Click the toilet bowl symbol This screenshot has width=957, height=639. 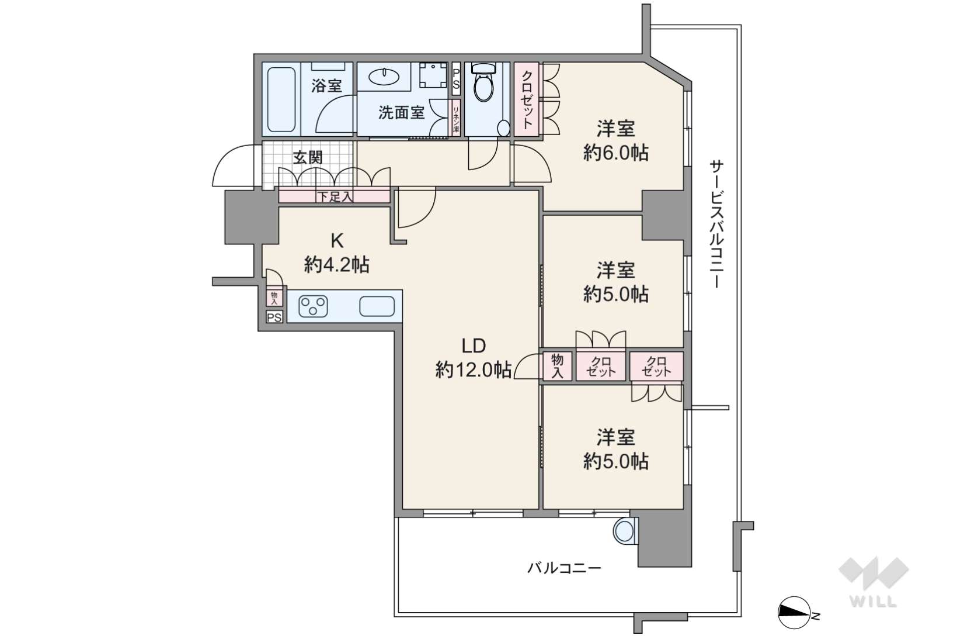pos(483,83)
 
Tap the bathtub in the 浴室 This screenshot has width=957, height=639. pos(281,99)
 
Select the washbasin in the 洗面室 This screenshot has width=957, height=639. pos(384,77)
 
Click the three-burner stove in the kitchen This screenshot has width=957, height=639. pos(313,306)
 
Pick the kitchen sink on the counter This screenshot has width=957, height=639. pos(377,306)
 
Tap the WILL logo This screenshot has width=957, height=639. pos(874,582)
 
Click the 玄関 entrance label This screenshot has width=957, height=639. pos(308,157)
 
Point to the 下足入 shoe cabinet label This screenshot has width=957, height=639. pos(335,197)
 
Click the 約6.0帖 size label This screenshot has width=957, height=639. pos(615,153)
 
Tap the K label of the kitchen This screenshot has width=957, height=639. pos(337,241)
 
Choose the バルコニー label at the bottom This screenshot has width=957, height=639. pos(564,568)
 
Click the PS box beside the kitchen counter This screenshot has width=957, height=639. pos(274,317)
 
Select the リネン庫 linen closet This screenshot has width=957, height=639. pos(456,118)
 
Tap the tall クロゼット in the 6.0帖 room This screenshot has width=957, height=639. pos(527,100)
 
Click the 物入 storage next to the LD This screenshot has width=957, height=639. pos(556,366)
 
